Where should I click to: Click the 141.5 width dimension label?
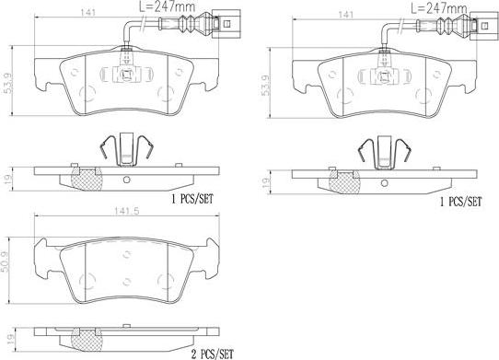tap(126, 212)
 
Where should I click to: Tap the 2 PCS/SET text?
tap(212, 354)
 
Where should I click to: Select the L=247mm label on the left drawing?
tap(168, 6)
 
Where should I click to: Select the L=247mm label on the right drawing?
tap(438, 7)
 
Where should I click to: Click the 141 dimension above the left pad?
tap(88, 12)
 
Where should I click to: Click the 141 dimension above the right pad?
tap(346, 15)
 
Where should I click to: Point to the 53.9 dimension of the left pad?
tap(8, 83)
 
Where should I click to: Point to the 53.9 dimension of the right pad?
tap(265, 86)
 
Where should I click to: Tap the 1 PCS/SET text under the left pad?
tap(192, 199)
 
